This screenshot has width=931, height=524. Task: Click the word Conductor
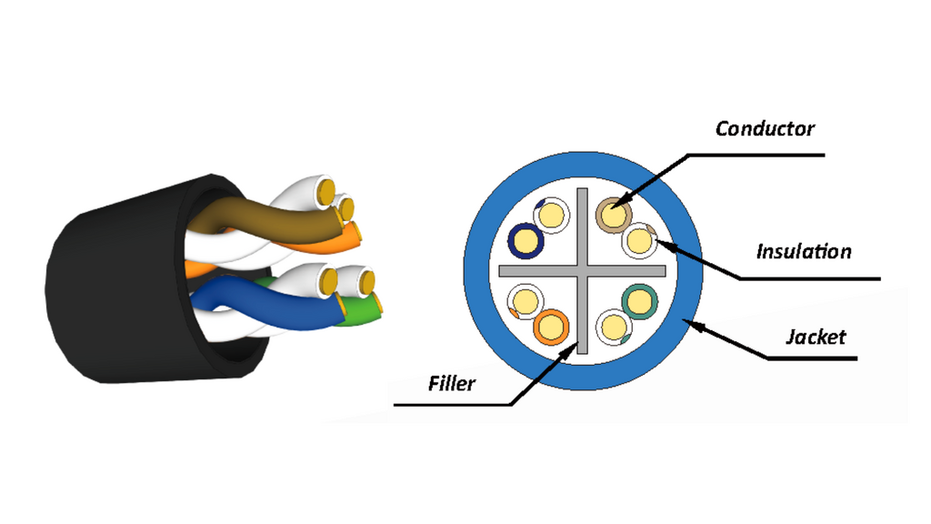coord(765,128)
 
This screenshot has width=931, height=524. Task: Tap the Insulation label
coord(804,251)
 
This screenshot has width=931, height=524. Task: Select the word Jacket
coord(816,337)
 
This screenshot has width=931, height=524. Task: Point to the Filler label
coord(452,383)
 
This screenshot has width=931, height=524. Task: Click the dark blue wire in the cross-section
coord(526,240)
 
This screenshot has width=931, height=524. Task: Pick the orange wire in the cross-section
coord(551,327)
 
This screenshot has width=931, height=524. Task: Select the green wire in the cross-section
coord(639,302)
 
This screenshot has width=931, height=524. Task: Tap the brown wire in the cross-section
coord(614,215)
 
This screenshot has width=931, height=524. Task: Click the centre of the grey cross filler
coord(582,271)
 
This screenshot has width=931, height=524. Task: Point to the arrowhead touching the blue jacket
coord(690,325)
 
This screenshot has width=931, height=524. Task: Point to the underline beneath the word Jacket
coord(812,358)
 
